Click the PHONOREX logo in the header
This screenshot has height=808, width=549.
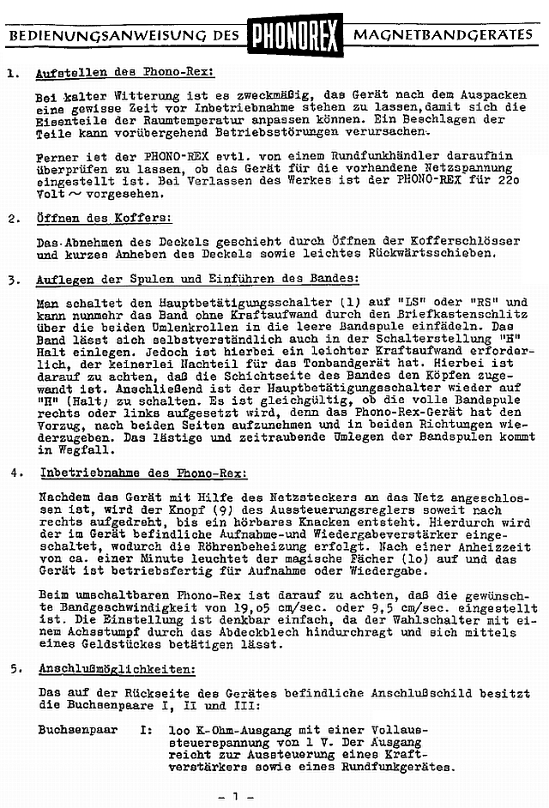click(295, 36)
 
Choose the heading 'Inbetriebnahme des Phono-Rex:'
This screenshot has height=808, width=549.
click(143, 473)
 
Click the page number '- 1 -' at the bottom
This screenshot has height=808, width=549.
click(237, 797)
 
